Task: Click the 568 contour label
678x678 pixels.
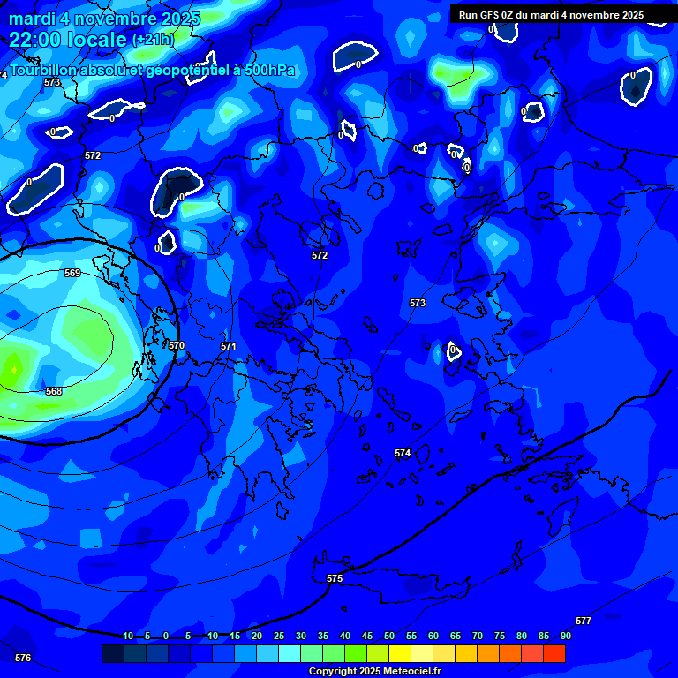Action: coord(54,391)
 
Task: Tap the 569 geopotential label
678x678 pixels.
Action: coord(72,274)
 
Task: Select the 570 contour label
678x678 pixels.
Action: coord(177,345)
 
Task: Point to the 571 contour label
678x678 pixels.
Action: coord(229,347)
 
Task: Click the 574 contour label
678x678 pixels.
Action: coord(403,453)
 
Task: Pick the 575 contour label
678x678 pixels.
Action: coord(335,578)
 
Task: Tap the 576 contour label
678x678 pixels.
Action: coord(23,658)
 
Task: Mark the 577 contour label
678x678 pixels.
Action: coord(584,621)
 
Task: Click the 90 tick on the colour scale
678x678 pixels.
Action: coord(565,636)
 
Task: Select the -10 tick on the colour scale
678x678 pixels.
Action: coord(126,636)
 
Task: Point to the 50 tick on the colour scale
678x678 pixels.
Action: coord(389,636)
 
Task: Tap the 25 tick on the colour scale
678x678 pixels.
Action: coord(279,636)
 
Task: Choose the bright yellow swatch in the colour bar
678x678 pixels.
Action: coord(400,653)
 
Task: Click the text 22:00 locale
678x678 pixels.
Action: coord(67,39)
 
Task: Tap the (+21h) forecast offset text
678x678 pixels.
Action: coord(154,40)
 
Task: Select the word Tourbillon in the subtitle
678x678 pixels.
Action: coord(43,70)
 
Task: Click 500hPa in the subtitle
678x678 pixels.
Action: coord(268,71)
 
